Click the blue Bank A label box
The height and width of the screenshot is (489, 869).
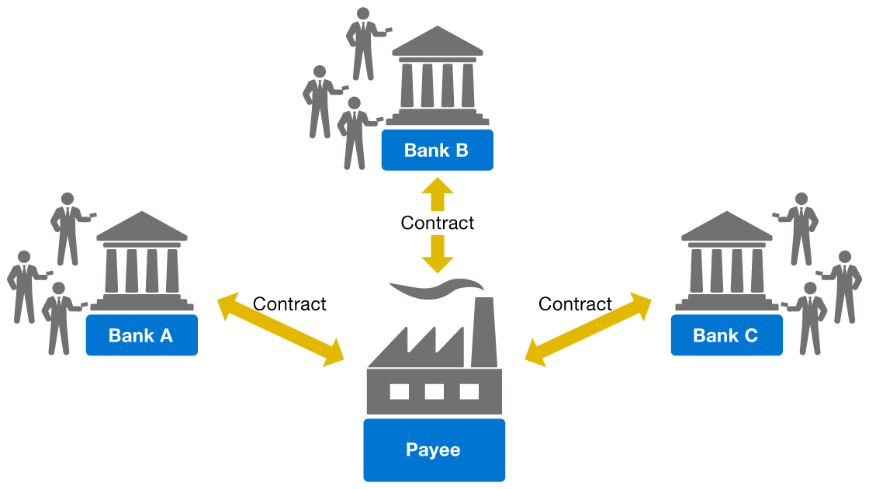point(141,335)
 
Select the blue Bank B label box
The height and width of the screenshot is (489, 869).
point(437,150)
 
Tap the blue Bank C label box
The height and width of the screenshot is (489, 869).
point(725,335)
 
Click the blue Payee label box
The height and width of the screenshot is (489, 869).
point(434,449)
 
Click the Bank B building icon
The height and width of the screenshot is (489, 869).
point(437,78)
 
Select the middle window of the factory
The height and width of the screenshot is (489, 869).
point(434,391)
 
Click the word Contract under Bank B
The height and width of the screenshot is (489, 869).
point(437,223)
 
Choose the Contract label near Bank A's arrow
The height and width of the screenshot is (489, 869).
point(289,304)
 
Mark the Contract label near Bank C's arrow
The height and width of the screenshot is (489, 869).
point(575,304)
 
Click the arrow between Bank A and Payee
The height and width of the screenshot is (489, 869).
point(280,329)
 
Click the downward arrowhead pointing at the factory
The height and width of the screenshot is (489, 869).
point(437,258)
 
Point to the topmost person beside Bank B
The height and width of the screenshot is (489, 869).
point(362,43)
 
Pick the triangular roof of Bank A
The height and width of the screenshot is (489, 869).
point(141,226)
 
